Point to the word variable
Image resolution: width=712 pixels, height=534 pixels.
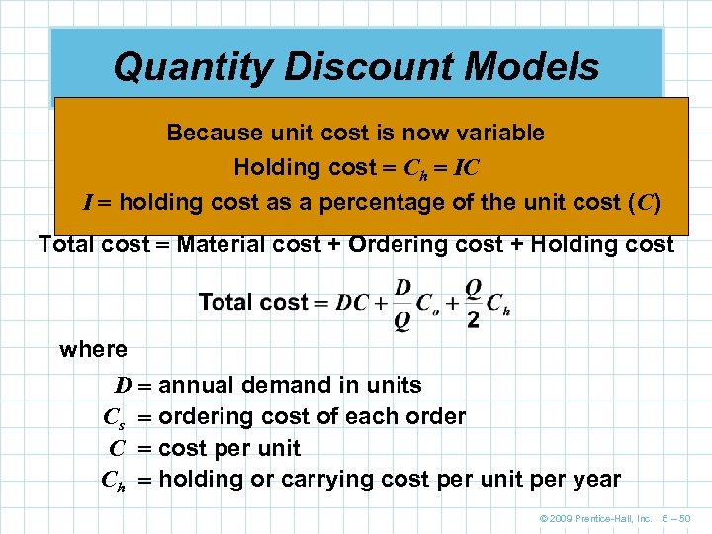click(x=498, y=133)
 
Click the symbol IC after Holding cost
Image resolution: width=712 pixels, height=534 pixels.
click(x=466, y=167)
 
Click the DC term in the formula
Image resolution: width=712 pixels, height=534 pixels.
click(x=353, y=303)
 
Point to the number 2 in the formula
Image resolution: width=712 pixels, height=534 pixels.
click(x=473, y=320)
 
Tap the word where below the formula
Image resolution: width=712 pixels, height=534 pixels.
click(x=93, y=349)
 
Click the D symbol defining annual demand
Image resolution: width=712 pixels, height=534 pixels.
click(x=123, y=385)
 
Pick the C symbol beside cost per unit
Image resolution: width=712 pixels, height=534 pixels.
click(x=117, y=448)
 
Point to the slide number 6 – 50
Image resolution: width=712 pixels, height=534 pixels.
click(x=675, y=518)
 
